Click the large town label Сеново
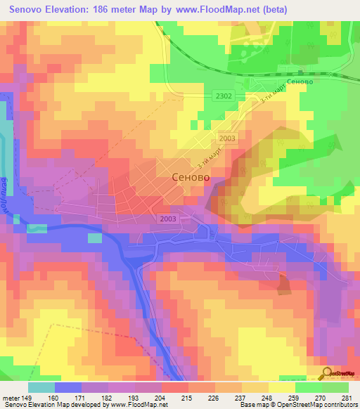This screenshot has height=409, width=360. pos(192,178)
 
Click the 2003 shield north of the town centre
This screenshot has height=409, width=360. pos(227,139)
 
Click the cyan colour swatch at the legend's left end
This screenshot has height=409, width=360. pos(41,387)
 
